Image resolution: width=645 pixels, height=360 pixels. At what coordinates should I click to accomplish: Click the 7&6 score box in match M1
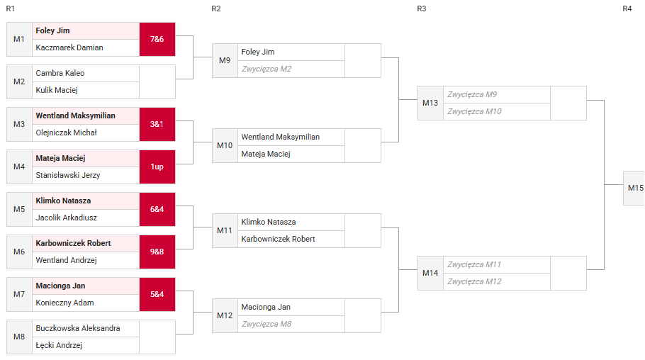click(x=157, y=39)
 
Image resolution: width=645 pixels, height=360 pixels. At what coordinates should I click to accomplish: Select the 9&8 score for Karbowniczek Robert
click(x=157, y=252)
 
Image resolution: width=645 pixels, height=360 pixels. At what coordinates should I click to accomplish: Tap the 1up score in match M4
click(x=157, y=167)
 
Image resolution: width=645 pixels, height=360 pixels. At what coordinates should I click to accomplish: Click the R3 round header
click(x=422, y=9)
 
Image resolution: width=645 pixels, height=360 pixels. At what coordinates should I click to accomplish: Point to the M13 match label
click(x=430, y=103)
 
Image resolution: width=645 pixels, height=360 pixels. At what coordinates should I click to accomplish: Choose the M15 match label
click(x=636, y=188)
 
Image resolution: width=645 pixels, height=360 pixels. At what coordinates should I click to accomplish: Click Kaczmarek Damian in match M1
click(x=69, y=47)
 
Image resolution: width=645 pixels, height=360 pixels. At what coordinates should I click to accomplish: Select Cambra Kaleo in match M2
click(x=60, y=73)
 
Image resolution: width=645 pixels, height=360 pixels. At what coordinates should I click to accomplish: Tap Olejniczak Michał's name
click(x=66, y=133)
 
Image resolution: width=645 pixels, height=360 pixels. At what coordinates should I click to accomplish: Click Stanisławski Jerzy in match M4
click(x=68, y=175)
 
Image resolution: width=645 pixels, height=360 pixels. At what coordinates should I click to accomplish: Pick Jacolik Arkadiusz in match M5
click(x=66, y=218)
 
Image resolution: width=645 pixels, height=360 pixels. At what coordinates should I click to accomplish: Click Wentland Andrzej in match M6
click(x=66, y=260)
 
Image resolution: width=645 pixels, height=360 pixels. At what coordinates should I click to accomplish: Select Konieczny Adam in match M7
click(x=64, y=303)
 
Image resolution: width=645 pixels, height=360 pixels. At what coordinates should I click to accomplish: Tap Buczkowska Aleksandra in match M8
click(x=78, y=328)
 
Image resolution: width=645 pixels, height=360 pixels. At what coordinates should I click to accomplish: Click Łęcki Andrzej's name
click(x=59, y=345)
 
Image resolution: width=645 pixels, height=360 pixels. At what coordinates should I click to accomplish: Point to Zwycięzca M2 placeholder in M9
click(x=266, y=69)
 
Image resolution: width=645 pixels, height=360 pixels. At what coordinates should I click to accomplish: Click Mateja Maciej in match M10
click(x=266, y=154)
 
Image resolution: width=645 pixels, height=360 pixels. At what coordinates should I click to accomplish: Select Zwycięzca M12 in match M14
click(x=474, y=281)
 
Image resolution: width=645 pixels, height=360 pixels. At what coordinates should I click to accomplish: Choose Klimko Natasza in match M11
click(x=269, y=223)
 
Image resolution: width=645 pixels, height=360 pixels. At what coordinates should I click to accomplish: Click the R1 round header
click(x=11, y=9)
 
